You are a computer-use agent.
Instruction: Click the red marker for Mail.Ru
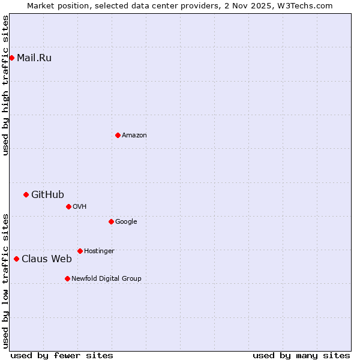(x=11, y=58)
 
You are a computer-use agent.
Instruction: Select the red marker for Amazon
(x=118, y=135)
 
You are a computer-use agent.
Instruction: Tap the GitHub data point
(x=26, y=194)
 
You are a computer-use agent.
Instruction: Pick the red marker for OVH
(x=68, y=206)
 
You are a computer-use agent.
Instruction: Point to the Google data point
(x=111, y=221)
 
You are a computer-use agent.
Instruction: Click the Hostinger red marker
(x=80, y=251)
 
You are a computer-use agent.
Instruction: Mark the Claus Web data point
(x=16, y=259)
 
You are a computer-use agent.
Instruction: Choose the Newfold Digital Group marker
(x=67, y=278)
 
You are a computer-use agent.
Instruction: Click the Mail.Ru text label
(x=34, y=58)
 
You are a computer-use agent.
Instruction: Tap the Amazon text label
(x=134, y=136)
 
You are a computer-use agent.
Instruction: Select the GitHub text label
(x=47, y=194)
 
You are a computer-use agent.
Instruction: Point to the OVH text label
(x=80, y=207)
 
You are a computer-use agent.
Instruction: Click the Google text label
(x=126, y=222)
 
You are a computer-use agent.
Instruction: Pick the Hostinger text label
(x=99, y=251)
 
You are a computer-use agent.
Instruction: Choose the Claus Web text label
(x=47, y=259)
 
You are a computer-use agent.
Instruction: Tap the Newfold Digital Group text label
(x=106, y=279)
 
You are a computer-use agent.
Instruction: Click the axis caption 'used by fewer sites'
(x=62, y=355)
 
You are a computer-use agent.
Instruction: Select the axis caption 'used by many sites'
(x=301, y=355)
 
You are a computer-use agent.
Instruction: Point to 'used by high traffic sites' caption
(x=6, y=85)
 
